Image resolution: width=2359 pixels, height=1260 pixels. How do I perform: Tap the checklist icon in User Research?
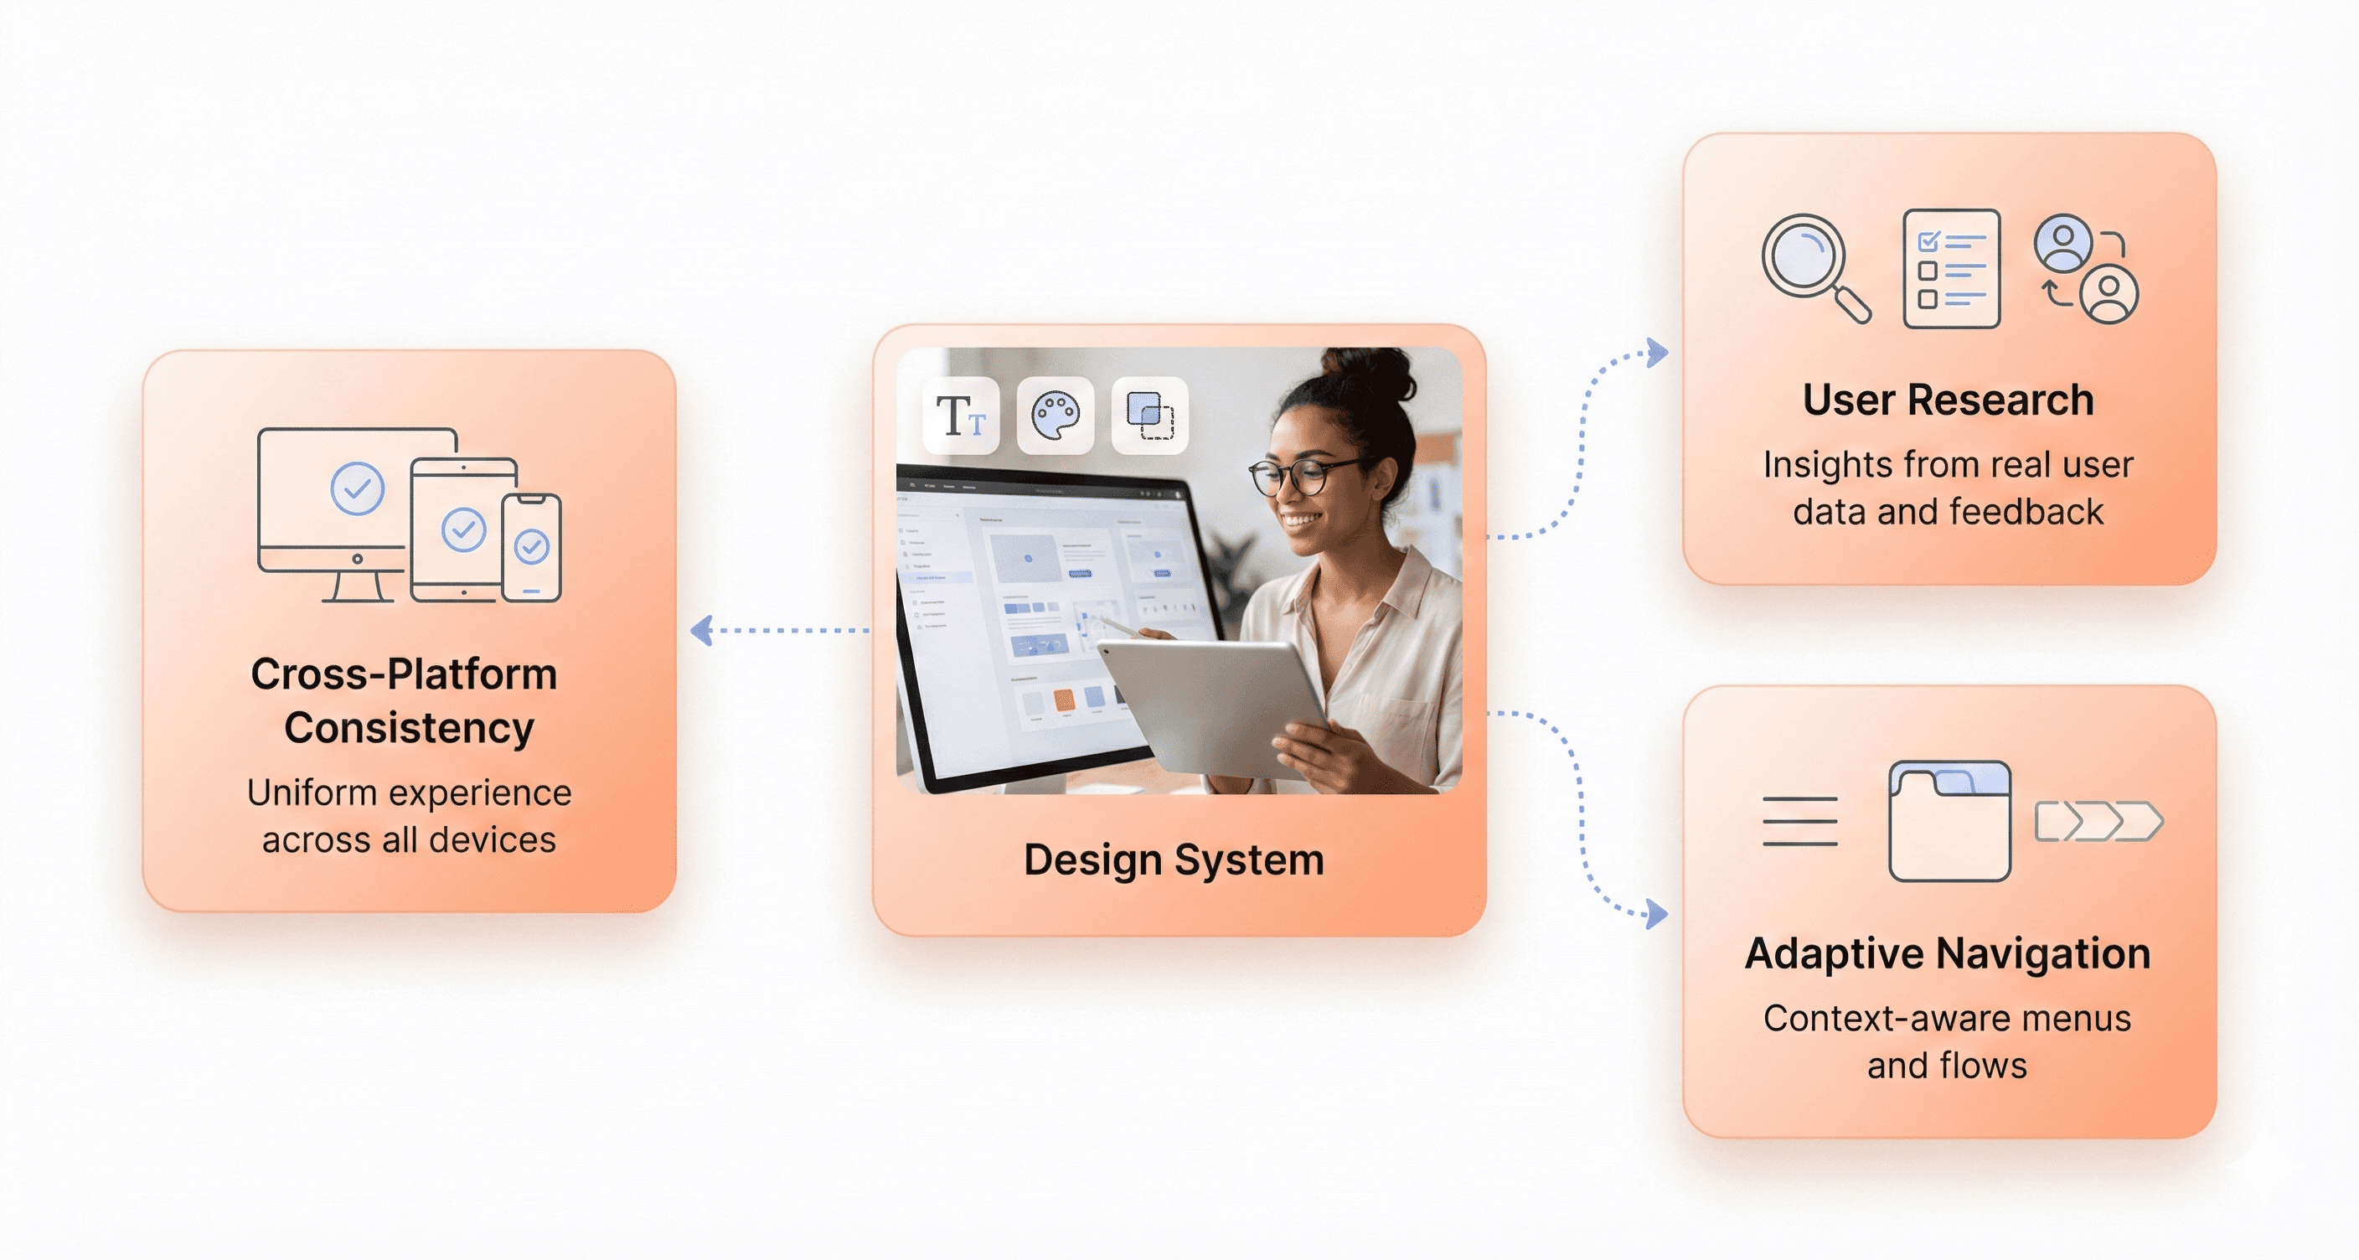[x=1950, y=268]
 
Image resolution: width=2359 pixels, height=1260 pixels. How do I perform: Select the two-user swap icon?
[x=2085, y=269]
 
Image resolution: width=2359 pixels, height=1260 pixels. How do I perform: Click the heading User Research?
[x=1948, y=400]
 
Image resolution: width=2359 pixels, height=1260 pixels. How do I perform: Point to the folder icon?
[x=1949, y=821]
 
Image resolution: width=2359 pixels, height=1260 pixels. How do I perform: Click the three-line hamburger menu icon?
[x=1799, y=821]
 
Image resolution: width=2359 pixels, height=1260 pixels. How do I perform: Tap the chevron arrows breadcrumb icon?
[x=2098, y=821]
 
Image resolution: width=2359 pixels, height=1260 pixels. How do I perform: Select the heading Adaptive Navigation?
[x=1947, y=953]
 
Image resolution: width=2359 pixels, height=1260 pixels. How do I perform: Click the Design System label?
[x=1173, y=860]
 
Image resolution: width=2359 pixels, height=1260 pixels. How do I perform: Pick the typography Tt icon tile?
[x=961, y=416]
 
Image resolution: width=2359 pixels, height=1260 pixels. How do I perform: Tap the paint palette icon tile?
[x=1055, y=416]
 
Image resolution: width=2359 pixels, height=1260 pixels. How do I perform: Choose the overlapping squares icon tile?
[x=1149, y=416]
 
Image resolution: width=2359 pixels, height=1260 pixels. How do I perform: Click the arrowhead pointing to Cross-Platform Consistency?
[x=702, y=631]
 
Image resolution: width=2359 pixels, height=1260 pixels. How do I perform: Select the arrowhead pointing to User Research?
[x=1657, y=353]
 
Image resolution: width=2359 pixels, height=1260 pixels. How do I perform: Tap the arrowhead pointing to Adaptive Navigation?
[x=1657, y=913]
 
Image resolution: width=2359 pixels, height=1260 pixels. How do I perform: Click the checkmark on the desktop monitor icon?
[x=357, y=488]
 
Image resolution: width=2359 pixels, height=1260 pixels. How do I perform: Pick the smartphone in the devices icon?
[x=531, y=548]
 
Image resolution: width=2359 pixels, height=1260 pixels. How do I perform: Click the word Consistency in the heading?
[x=409, y=728]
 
